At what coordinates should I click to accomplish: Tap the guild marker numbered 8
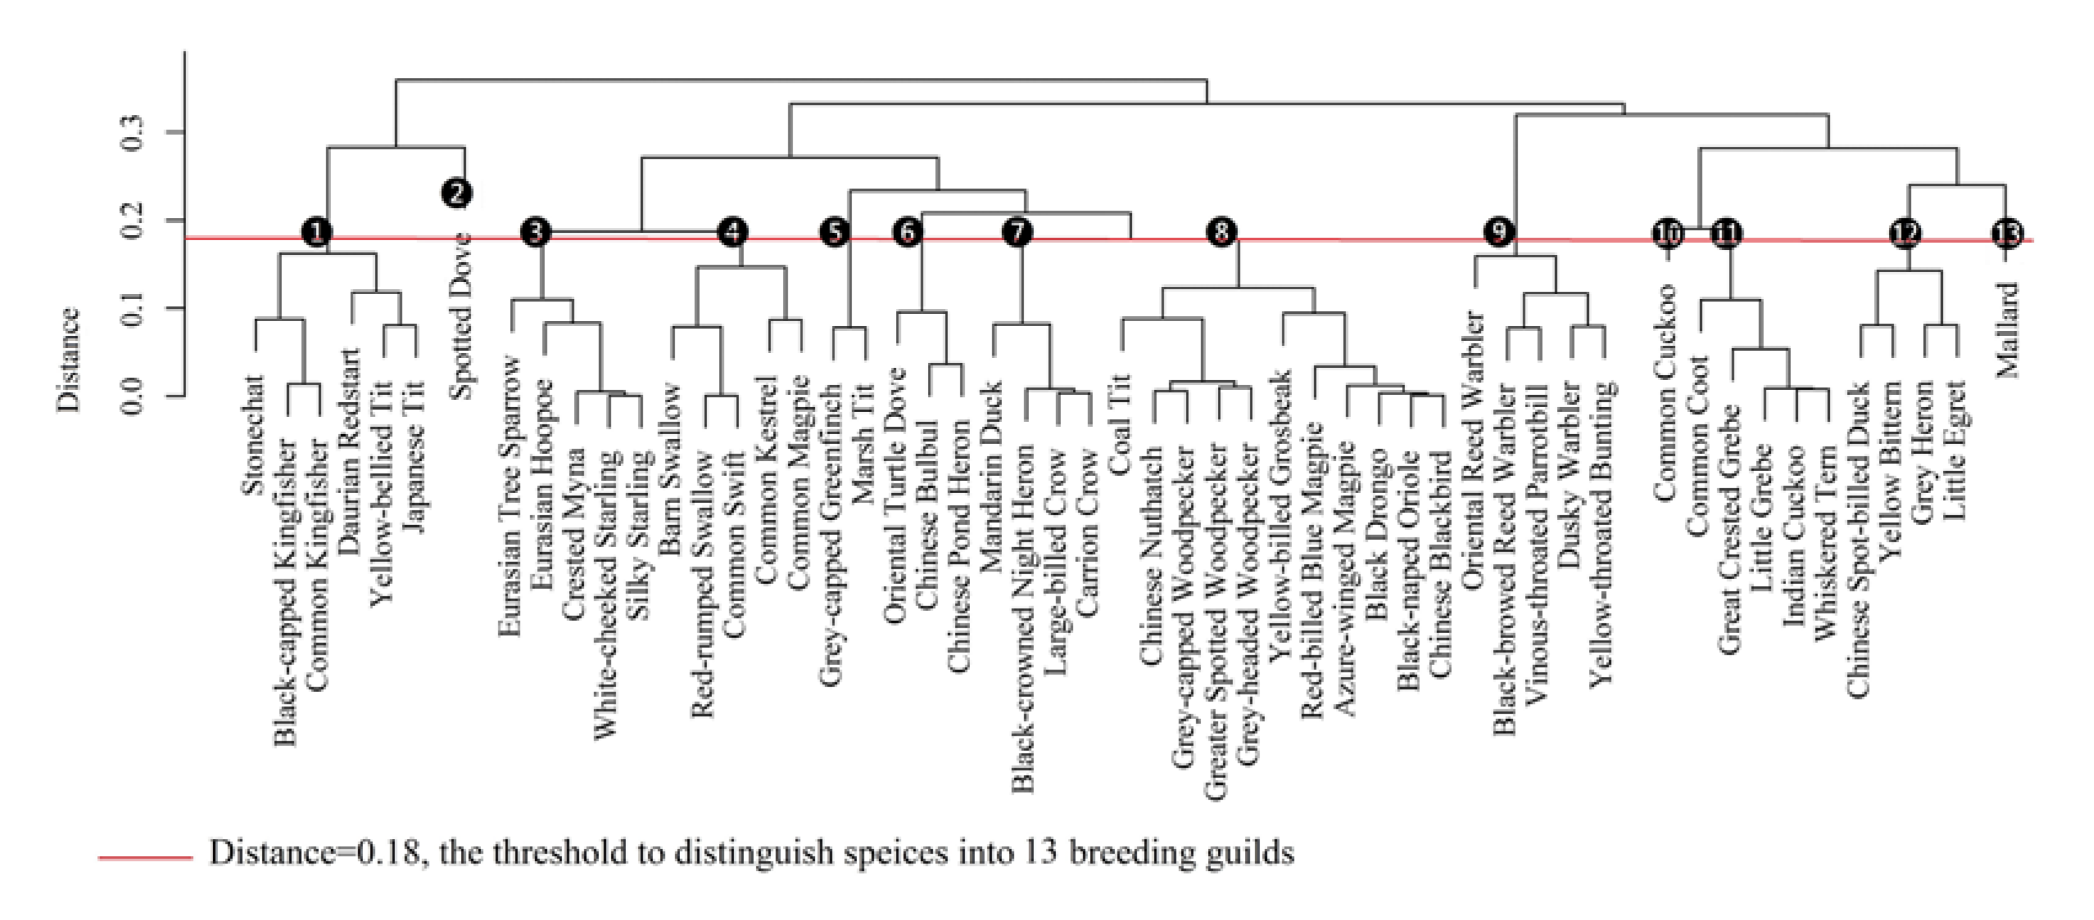point(1221,232)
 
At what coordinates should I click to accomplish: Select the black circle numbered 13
point(2006,234)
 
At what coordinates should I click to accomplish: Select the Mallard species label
point(2008,329)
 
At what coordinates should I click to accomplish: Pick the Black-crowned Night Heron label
point(1024,617)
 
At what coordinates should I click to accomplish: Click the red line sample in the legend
point(146,857)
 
